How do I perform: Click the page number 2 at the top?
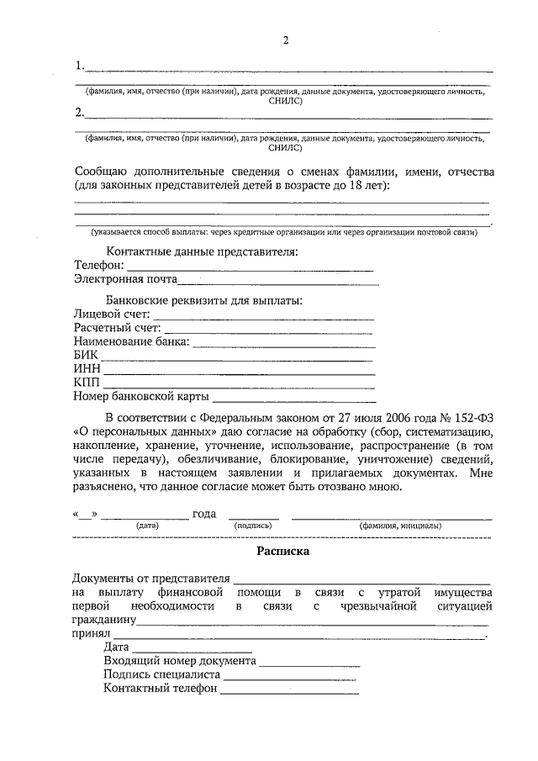point(286,41)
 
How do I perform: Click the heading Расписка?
point(283,552)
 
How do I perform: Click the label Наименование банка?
point(132,342)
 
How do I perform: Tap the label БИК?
point(87,356)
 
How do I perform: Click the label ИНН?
point(87,369)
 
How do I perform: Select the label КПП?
point(87,383)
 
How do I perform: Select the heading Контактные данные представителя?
point(202,251)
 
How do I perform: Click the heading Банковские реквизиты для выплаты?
point(204,300)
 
